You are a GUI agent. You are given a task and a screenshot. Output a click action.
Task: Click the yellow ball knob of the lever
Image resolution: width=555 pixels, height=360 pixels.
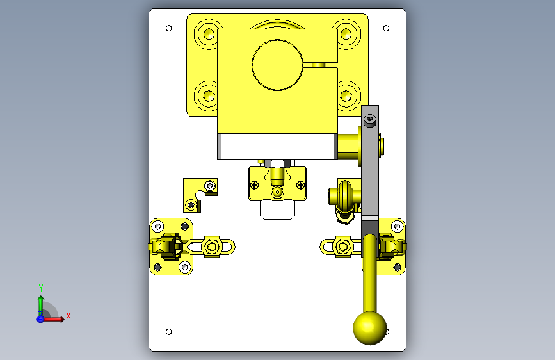point(369,328)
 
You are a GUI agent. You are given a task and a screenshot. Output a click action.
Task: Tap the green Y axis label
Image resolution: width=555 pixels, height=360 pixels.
point(41,288)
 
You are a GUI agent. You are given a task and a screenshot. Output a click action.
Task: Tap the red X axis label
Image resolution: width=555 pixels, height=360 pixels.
point(68,316)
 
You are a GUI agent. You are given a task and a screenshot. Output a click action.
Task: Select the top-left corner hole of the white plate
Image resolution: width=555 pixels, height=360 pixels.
point(169,28)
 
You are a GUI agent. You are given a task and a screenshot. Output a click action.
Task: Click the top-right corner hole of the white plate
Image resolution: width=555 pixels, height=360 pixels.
point(386,28)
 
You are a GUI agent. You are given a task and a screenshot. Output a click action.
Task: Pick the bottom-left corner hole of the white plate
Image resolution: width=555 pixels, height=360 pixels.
point(169,332)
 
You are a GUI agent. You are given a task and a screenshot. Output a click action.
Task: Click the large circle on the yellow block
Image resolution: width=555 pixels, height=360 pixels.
point(278,65)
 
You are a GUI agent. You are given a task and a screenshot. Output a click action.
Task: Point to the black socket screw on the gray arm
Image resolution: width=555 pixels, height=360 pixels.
point(370,120)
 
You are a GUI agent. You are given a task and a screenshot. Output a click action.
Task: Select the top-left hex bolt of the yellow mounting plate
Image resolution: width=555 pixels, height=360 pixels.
point(209,35)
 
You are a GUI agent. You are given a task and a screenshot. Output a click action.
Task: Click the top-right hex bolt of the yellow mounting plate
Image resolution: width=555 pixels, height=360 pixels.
point(346,35)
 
